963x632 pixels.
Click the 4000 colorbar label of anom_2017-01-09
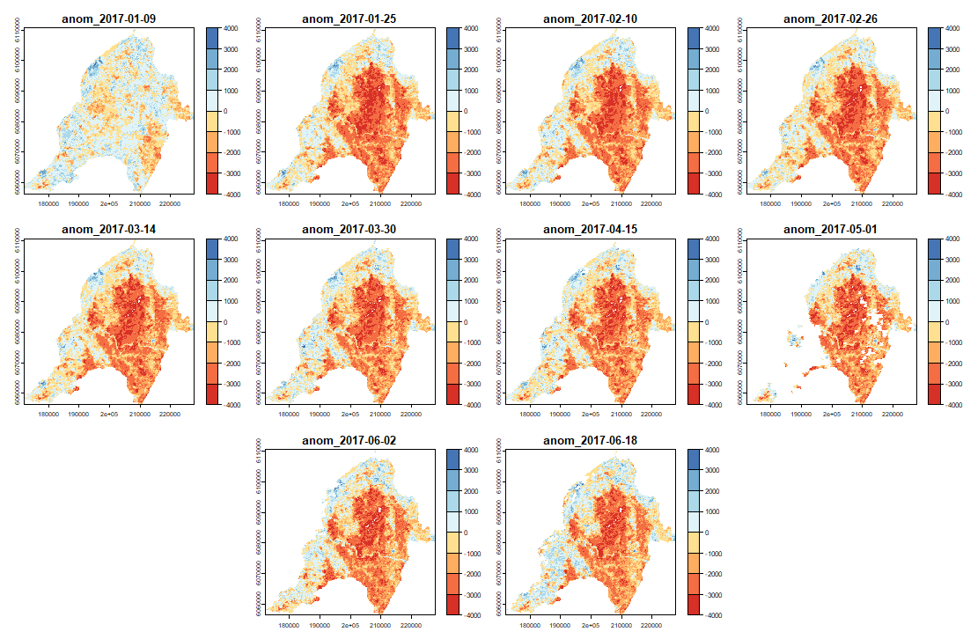pyautogui.click(x=234, y=28)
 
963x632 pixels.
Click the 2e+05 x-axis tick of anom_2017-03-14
pyautogui.click(x=109, y=413)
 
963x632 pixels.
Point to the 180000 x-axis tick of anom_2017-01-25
pyautogui.click(x=289, y=202)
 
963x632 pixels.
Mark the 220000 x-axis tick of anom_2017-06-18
pyautogui.click(x=651, y=624)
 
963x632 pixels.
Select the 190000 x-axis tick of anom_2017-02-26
pyautogui.click(x=801, y=202)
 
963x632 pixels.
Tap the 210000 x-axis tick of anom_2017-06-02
pyautogui.click(x=380, y=624)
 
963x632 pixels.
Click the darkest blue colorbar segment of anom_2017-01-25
pyautogui.click(x=452, y=38)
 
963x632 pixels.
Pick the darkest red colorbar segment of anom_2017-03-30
pyautogui.click(x=452, y=395)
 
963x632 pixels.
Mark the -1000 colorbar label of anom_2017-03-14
pyautogui.click(x=234, y=342)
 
